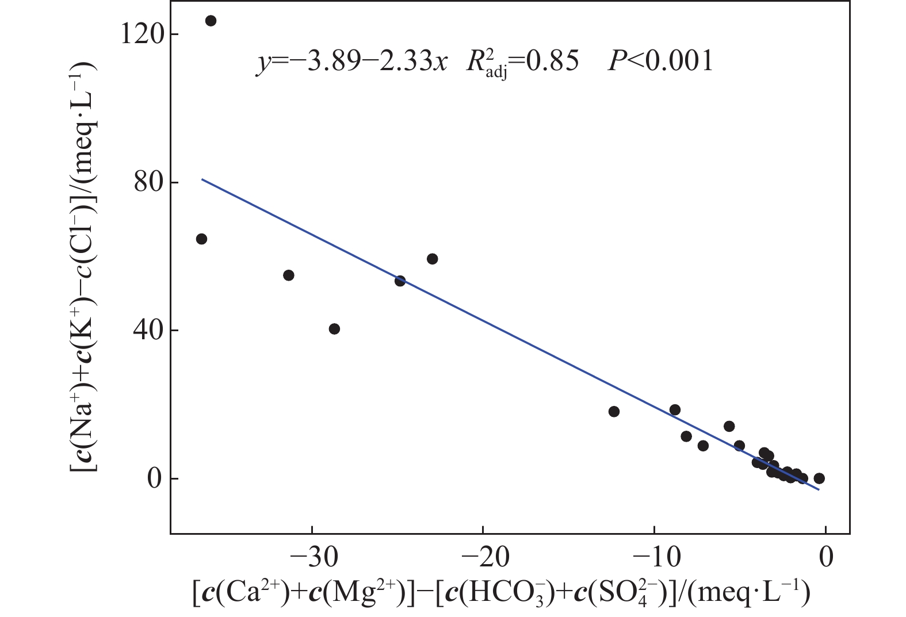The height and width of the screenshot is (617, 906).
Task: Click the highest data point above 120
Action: click(211, 21)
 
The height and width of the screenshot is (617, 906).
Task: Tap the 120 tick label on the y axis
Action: click(140, 35)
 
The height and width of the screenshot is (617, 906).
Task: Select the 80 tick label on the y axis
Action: click(147, 182)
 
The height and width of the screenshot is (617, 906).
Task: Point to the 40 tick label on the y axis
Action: click(147, 330)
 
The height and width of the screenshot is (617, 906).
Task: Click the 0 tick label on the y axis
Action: click(154, 478)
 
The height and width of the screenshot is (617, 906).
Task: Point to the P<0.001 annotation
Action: click(660, 60)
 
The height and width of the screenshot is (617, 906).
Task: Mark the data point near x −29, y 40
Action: click(334, 329)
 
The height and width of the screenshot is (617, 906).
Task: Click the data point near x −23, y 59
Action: click(433, 259)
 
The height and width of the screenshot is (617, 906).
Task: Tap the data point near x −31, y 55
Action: click(289, 275)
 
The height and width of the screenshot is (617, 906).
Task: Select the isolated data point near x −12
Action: click(614, 412)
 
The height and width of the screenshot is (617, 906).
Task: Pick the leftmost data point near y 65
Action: click(201, 239)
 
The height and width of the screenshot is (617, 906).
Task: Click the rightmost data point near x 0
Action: click(819, 478)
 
